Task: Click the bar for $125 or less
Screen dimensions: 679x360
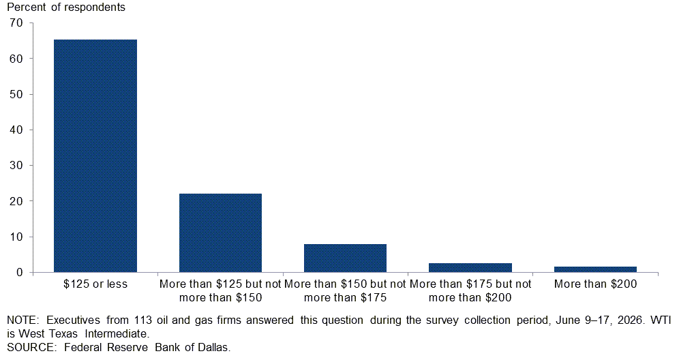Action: click(x=95, y=156)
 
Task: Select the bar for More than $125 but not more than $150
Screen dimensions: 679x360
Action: click(x=220, y=233)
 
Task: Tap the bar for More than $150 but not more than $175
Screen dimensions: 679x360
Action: click(x=345, y=258)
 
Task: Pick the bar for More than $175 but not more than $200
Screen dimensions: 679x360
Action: click(x=470, y=268)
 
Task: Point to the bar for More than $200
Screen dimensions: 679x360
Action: click(x=595, y=269)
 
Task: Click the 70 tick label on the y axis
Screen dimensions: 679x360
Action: click(x=16, y=23)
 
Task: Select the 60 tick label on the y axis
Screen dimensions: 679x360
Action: click(x=16, y=59)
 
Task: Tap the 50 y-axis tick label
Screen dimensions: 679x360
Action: click(x=16, y=94)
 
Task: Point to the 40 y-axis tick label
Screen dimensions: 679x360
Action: click(x=16, y=130)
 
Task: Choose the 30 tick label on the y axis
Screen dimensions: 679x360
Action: click(x=16, y=166)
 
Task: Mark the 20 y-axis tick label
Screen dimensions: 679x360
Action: click(x=16, y=201)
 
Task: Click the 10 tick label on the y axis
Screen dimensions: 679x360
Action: click(x=16, y=237)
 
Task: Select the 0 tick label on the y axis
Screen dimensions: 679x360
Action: click(x=19, y=273)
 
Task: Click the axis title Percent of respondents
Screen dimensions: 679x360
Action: click(x=66, y=7)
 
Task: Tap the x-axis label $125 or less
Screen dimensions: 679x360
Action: click(x=95, y=284)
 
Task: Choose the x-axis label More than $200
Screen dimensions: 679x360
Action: click(x=595, y=284)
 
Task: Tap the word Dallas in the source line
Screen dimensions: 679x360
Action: click(x=214, y=348)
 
